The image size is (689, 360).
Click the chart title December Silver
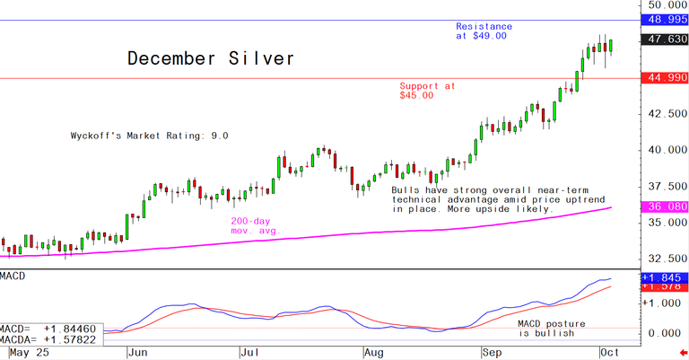pos(210,59)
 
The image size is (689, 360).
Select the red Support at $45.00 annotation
pos(427,91)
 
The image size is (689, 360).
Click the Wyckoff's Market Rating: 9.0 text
pos(150,136)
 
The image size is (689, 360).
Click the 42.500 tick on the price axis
pos(665,114)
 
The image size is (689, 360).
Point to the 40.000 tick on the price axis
pos(665,150)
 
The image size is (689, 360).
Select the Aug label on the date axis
pos(372,353)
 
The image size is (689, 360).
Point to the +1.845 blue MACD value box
pos(665,278)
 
